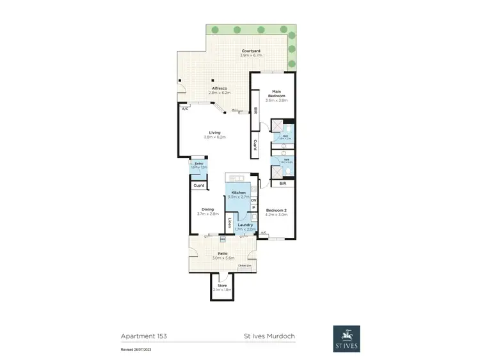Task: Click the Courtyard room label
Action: (250, 51)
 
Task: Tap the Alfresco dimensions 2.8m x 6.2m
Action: (220, 93)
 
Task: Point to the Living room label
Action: (205, 132)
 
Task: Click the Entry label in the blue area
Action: (199, 164)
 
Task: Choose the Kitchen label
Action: (238, 192)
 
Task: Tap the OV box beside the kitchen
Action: (253, 200)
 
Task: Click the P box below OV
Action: (253, 208)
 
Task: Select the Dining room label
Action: (207, 209)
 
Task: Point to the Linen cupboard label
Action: (229, 223)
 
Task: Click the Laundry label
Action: (244, 224)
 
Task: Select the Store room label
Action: (223, 285)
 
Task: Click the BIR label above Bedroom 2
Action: (282, 184)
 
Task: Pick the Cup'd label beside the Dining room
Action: (199, 185)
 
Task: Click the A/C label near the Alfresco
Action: (185, 109)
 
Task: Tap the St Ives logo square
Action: (346, 339)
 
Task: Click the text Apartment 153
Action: (144, 335)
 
